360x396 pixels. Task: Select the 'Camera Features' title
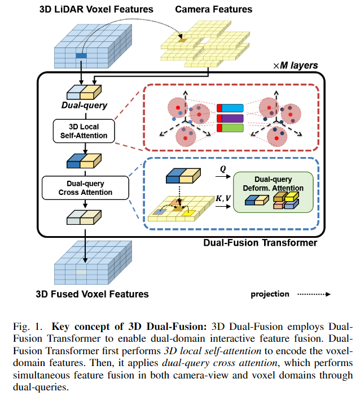pyautogui.click(x=214, y=9)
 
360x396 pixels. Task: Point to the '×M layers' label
pyautogui.click(x=295, y=66)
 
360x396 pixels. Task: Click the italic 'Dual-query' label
pyautogui.click(x=84, y=105)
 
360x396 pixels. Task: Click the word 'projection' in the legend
pyautogui.click(x=270, y=294)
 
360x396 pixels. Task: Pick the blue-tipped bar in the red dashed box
pyautogui.click(x=230, y=107)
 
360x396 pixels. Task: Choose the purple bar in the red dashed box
pyautogui.click(x=230, y=118)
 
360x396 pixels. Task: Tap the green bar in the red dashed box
pyautogui.click(x=230, y=128)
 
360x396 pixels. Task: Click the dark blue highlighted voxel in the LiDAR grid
pyautogui.click(x=81, y=55)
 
